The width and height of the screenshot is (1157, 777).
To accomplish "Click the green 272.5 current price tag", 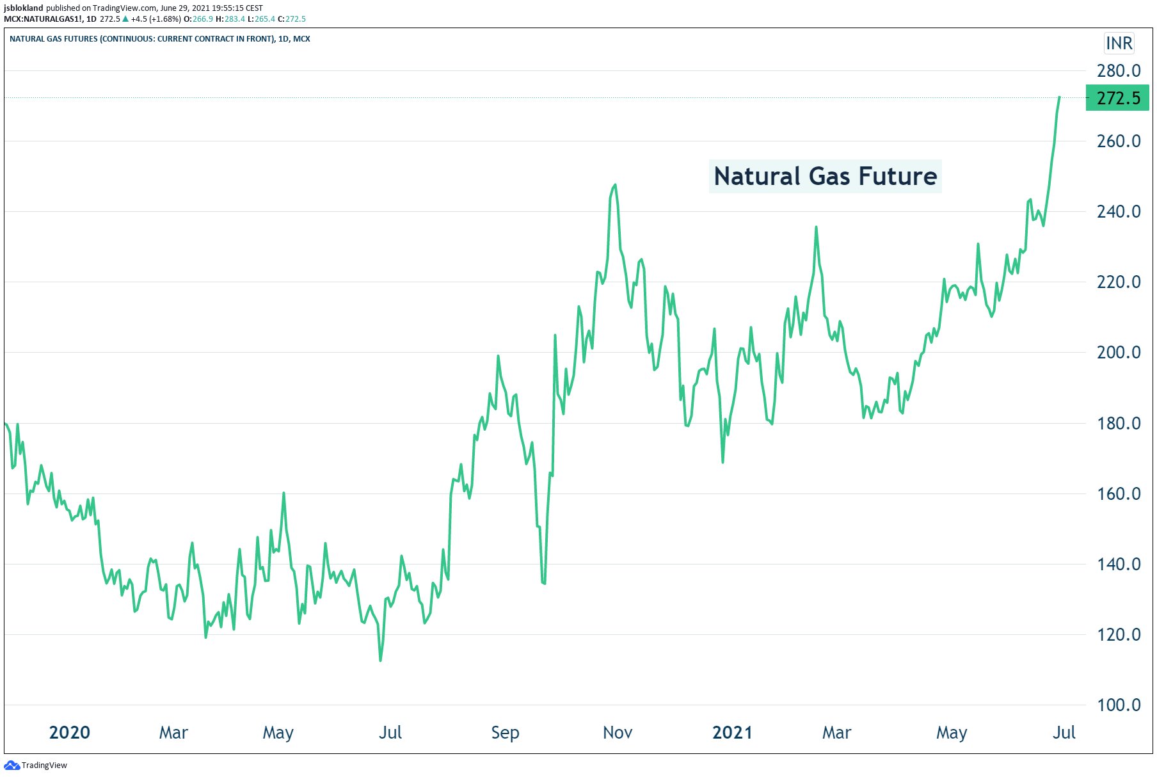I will click(1117, 98).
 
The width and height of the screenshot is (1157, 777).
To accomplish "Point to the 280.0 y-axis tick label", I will click(1118, 70).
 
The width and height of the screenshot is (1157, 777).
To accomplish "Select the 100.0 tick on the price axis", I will click(1118, 705).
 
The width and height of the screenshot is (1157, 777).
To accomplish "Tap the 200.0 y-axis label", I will click(1118, 352).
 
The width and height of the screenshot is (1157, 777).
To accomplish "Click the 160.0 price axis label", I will click(1118, 493).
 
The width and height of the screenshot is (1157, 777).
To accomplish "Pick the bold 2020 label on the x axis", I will click(69, 732).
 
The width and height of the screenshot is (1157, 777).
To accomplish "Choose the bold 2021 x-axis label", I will click(732, 732).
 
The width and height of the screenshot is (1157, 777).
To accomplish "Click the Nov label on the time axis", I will click(618, 732).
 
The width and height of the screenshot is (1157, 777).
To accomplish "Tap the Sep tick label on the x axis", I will click(505, 732).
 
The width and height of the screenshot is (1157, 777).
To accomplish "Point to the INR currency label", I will click(1119, 44).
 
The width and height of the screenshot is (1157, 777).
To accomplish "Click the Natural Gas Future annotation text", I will click(825, 176).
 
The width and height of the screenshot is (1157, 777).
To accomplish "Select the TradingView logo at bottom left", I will click(36, 765).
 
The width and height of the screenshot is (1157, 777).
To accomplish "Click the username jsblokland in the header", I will click(24, 8).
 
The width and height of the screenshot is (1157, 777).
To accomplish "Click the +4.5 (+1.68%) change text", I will click(156, 19).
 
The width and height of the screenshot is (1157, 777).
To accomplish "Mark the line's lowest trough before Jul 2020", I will click(381, 660).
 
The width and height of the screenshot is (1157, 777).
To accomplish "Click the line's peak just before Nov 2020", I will click(615, 185).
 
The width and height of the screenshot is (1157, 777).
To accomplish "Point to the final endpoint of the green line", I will click(1059, 97).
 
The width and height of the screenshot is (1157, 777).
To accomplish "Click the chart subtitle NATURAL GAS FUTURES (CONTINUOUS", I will click(159, 39).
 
